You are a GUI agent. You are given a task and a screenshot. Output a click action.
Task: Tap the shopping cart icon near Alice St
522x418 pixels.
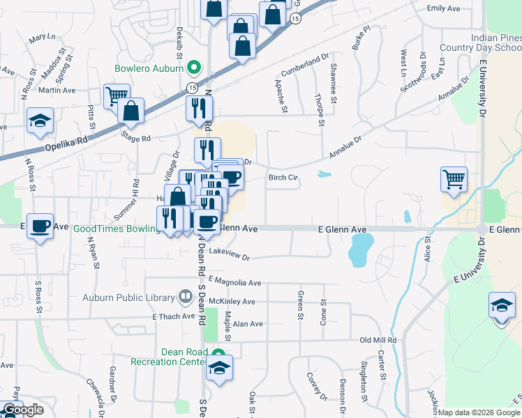[x=454, y=180]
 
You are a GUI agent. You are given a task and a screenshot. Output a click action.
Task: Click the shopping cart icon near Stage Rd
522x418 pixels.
[x=117, y=96]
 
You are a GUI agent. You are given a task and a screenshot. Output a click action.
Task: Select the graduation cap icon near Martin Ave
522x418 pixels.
[x=40, y=120]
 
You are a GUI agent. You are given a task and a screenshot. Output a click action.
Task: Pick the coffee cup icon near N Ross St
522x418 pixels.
[x=40, y=226]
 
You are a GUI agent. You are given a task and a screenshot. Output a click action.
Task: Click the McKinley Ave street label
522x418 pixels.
[x=231, y=302]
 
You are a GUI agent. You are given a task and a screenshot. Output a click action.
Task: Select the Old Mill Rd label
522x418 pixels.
[x=378, y=340]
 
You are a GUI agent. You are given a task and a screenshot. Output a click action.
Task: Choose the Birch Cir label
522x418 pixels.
[x=283, y=178]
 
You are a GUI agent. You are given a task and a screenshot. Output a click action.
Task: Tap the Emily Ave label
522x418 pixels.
[x=444, y=8]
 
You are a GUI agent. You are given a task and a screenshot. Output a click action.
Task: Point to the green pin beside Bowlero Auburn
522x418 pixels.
[x=195, y=68]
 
